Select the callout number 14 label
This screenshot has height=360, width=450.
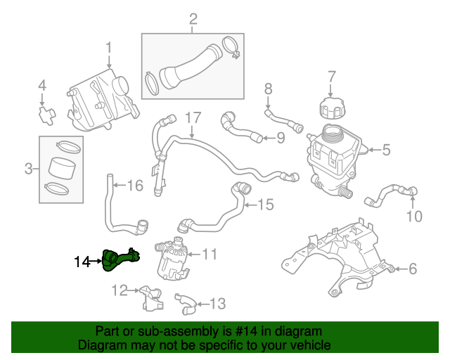pos(82,262)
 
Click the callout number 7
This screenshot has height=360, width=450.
pos(333,76)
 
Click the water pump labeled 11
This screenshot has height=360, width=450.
pos(172,258)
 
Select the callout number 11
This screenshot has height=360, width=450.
pos(211,253)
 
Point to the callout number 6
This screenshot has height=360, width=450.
pos(413,268)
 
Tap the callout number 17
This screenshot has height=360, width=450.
pos(193,117)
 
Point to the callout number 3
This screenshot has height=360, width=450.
pos(29,169)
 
